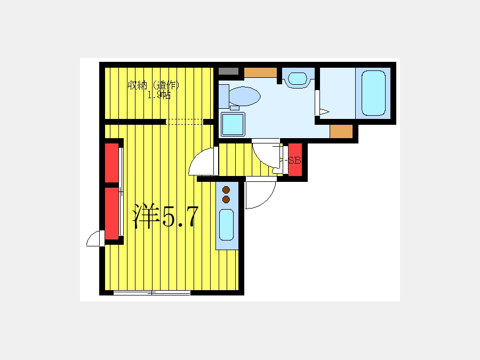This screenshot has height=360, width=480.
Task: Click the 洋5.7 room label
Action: tap(165, 216)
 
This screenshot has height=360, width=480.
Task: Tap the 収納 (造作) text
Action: tap(153, 85)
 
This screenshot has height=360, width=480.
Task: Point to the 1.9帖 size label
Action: tap(159, 95)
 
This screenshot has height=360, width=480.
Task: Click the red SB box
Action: tap(295, 160)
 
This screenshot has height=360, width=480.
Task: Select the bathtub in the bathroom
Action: tap(373, 93)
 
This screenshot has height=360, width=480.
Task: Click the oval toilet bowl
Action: tap(245, 96)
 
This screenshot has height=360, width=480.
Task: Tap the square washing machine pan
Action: tap(233, 124)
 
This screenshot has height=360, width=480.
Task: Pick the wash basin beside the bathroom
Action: tap(298, 79)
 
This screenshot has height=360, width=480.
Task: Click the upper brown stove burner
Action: tap(226, 190)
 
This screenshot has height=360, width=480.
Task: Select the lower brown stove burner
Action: tap(226, 199)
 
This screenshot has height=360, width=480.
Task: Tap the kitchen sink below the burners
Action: tap(227, 225)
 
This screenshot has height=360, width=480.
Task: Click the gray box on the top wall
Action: tap(228, 71)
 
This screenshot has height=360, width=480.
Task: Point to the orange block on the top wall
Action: tap(260, 73)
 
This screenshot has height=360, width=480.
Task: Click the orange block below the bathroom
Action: tap(341, 131)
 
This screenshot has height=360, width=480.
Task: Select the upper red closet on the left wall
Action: tap(112, 163)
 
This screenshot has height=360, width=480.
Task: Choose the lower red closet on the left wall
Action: tap(112, 214)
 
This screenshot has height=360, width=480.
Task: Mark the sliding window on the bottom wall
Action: tap(152, 293)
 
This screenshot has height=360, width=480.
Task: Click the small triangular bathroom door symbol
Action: tap(324, 112)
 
